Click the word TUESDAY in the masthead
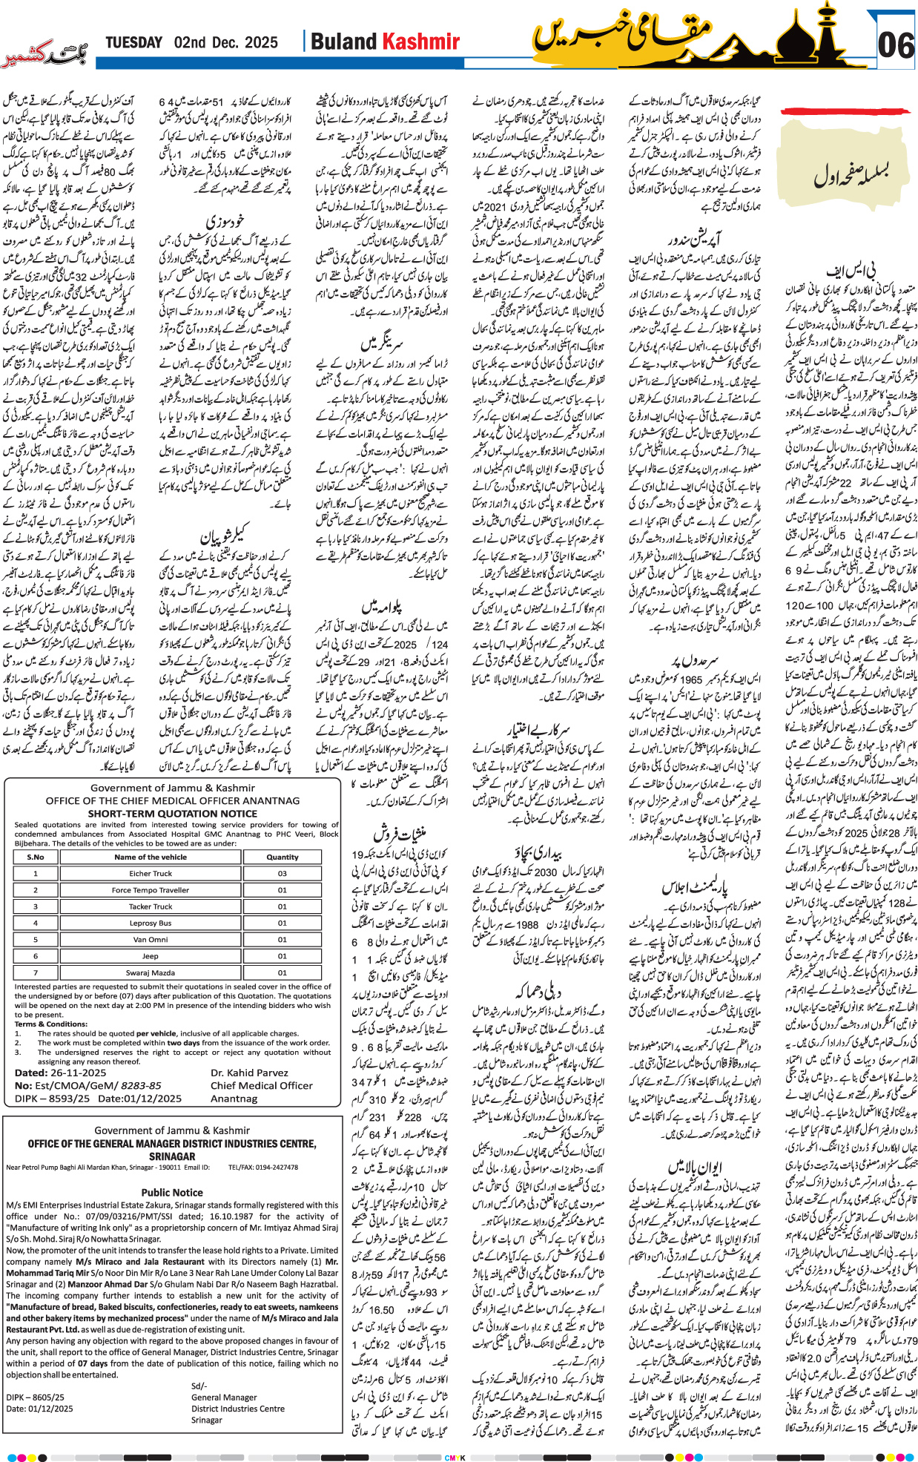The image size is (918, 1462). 133,42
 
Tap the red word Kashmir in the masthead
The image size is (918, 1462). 421,42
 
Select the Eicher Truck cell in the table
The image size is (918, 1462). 151,873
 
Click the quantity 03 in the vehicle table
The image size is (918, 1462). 282,873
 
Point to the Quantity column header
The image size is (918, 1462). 282,857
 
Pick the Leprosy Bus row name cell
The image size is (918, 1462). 151,923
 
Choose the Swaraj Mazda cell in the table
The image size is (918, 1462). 151,972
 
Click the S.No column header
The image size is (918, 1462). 36,857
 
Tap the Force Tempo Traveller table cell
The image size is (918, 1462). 151,890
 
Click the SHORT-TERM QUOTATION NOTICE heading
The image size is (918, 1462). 172,813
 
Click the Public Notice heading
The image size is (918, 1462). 172,1192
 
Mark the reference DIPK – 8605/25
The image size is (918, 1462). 36,1397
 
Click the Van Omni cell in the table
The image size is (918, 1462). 151,939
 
